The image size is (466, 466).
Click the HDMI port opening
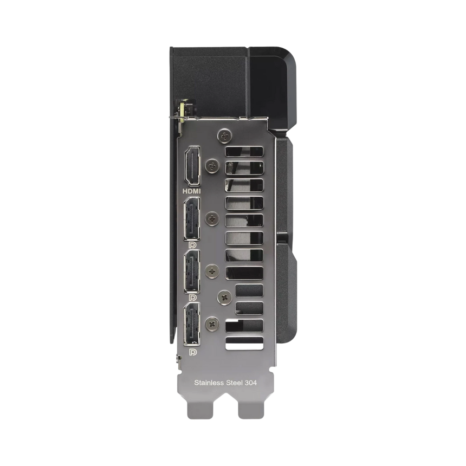pos(192,166)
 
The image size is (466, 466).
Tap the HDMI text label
pos(191,191)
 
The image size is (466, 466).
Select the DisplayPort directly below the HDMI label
pos(192,219)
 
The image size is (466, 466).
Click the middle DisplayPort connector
pos(192,271)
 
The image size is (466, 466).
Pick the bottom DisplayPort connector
pos(192,324)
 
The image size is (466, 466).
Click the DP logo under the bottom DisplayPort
pos(193,352)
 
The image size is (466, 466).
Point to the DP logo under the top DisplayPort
pos(193,245)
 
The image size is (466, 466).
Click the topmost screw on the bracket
pos(225,136)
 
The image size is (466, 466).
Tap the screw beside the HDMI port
pos(212,166)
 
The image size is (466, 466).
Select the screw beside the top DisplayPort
pos(212,219)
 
